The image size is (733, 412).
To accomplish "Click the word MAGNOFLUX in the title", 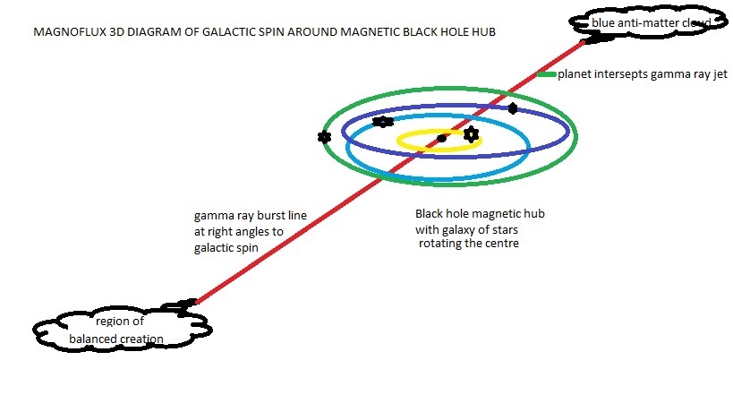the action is pyautogui.click(x=62, y=32).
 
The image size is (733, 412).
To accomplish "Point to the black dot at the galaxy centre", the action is pyautogui.click(x=441, y=138).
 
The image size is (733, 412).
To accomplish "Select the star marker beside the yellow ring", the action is pyautogui.click(x=471, y=135).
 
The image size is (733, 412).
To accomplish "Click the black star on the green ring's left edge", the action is pyautogui.click(x=324, y=137).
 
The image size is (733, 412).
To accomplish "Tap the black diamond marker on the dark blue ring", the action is pyautogui.click(x=512, y=108).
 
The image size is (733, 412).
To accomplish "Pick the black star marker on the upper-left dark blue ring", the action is pyautogui.click(x=383, y=122).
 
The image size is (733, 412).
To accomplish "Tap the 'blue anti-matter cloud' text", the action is pyautogui.click(x=650, y=21).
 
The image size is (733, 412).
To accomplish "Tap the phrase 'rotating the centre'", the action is pyautogui.click(x=470, y=244).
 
